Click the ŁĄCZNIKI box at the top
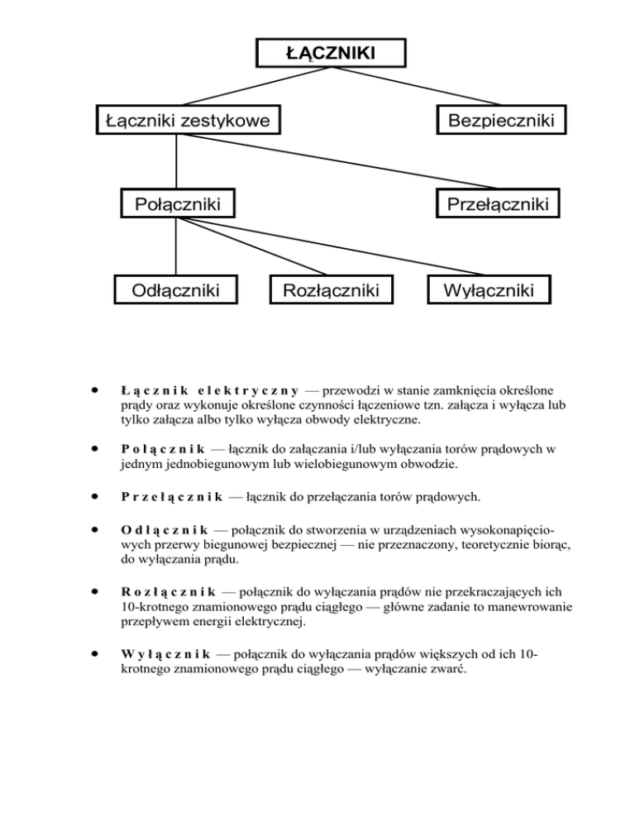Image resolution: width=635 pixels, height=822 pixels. [330, 53]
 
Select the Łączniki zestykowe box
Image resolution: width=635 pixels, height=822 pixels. [187, 122]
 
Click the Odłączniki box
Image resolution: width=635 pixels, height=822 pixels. [175, 290]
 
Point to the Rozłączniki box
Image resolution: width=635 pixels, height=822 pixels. [330, 290]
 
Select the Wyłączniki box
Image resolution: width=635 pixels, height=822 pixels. [487, 290]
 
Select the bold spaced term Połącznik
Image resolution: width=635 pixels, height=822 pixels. [162, 449]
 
